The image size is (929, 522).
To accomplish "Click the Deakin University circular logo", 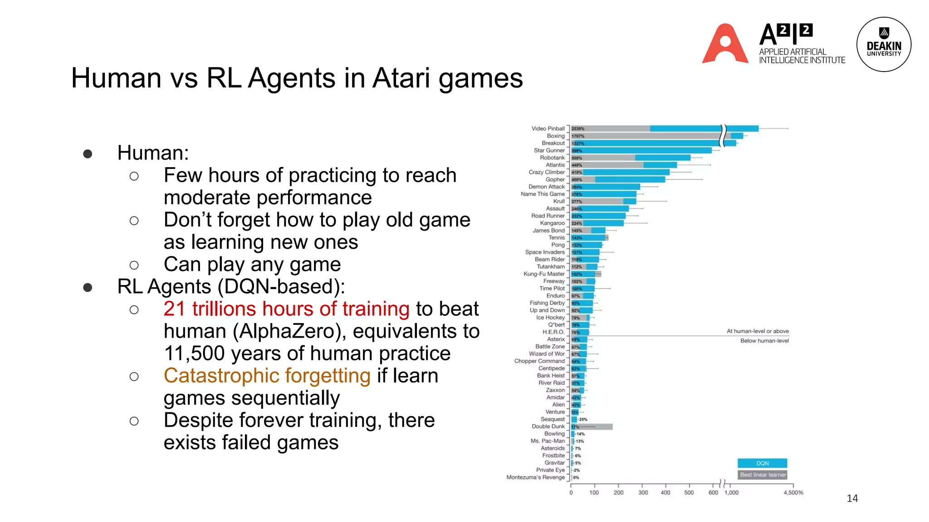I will point(884,44).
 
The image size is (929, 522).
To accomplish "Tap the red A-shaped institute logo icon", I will point(725,44).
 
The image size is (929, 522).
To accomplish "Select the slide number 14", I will point(852,498).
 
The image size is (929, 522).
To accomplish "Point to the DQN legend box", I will point(762,463).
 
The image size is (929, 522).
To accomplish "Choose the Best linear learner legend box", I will point(763,475).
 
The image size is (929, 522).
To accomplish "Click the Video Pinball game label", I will point(548,129).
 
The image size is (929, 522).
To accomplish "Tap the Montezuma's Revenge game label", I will point(536,478).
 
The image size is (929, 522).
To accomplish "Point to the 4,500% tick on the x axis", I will point(793,493).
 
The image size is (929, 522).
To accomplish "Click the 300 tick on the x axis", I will point(643,493).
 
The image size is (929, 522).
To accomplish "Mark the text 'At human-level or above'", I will point(758,331).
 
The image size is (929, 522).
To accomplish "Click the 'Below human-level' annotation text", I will point(764,341).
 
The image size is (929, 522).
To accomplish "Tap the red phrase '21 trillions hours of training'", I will point(287,309).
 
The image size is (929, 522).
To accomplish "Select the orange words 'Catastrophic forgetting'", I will point(267,376).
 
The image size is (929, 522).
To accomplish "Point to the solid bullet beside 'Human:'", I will point(88,154).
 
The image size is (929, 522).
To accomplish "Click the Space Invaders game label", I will point(545,252).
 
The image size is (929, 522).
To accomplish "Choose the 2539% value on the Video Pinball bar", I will point(578,129).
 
